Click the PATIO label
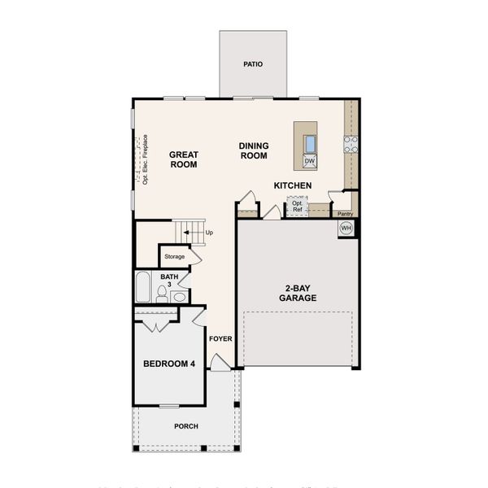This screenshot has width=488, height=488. click(253, 63)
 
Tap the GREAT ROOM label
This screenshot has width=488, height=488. click(184, 159)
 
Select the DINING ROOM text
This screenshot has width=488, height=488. click(254, 151)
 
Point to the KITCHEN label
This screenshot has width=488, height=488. click(293, 185)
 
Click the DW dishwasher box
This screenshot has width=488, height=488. click(309, 161)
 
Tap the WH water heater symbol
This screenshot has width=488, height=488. click(346, 228)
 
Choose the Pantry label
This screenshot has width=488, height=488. click(344, 214)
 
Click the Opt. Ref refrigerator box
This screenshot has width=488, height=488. click(298, 206)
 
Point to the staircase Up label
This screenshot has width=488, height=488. click(209, 233)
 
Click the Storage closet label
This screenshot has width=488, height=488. click(174, 257)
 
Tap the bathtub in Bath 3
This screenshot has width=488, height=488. click(143, 287)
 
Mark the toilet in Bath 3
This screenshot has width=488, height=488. click(162, 294)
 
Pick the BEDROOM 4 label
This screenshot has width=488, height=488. click(169, 364)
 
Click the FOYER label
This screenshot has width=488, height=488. click(220, 338)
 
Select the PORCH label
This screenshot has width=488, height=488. click(185, 426)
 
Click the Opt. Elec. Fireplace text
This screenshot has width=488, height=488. click(145, 159)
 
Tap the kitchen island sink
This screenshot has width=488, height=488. click(310, 143)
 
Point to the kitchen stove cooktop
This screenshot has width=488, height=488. click(351, 144)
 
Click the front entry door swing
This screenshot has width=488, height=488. click(220, 363)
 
